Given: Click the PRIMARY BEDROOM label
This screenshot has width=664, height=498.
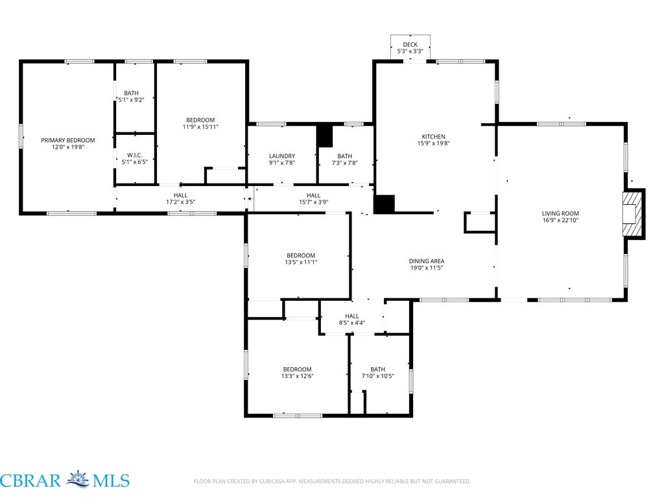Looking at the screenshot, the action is [x=67, y=140].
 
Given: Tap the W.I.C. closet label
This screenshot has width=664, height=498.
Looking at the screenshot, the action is [x=135, y=155].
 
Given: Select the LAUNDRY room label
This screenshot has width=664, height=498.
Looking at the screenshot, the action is [x=282, y=156].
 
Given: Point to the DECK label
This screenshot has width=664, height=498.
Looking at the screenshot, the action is [x=410, y=45].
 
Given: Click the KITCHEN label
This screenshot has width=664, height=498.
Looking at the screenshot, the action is [x=434, y=136].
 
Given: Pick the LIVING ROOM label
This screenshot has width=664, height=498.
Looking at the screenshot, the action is [x=560, y=213].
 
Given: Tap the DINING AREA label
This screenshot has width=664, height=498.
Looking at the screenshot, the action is [x=427, y=261].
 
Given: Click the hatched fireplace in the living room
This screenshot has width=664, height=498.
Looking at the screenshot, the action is [x=632, y=214].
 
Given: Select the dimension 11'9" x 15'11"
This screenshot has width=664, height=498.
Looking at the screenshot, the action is [x=200, y=126].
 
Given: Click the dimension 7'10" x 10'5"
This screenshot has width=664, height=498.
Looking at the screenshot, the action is [x=378, y=375].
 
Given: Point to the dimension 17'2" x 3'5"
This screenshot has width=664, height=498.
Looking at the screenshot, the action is [x=180, y=202].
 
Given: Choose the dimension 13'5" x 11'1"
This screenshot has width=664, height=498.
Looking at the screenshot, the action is [x=301, y=262].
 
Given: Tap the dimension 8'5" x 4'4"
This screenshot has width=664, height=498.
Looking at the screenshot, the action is [x=352, y=323].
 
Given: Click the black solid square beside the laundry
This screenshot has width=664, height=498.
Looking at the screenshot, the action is [x=325, y=136].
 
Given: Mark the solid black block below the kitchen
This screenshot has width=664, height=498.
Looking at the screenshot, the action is [x=384, y=204].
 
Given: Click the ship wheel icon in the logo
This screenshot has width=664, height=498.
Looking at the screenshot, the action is [x=78, y=479].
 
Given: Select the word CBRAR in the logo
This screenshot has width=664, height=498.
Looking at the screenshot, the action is [x=30, y=481].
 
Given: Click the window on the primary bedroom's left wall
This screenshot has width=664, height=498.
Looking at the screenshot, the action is [x=20, y=136].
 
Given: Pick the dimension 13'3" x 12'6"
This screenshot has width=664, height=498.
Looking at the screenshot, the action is [x=297, y=376].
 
